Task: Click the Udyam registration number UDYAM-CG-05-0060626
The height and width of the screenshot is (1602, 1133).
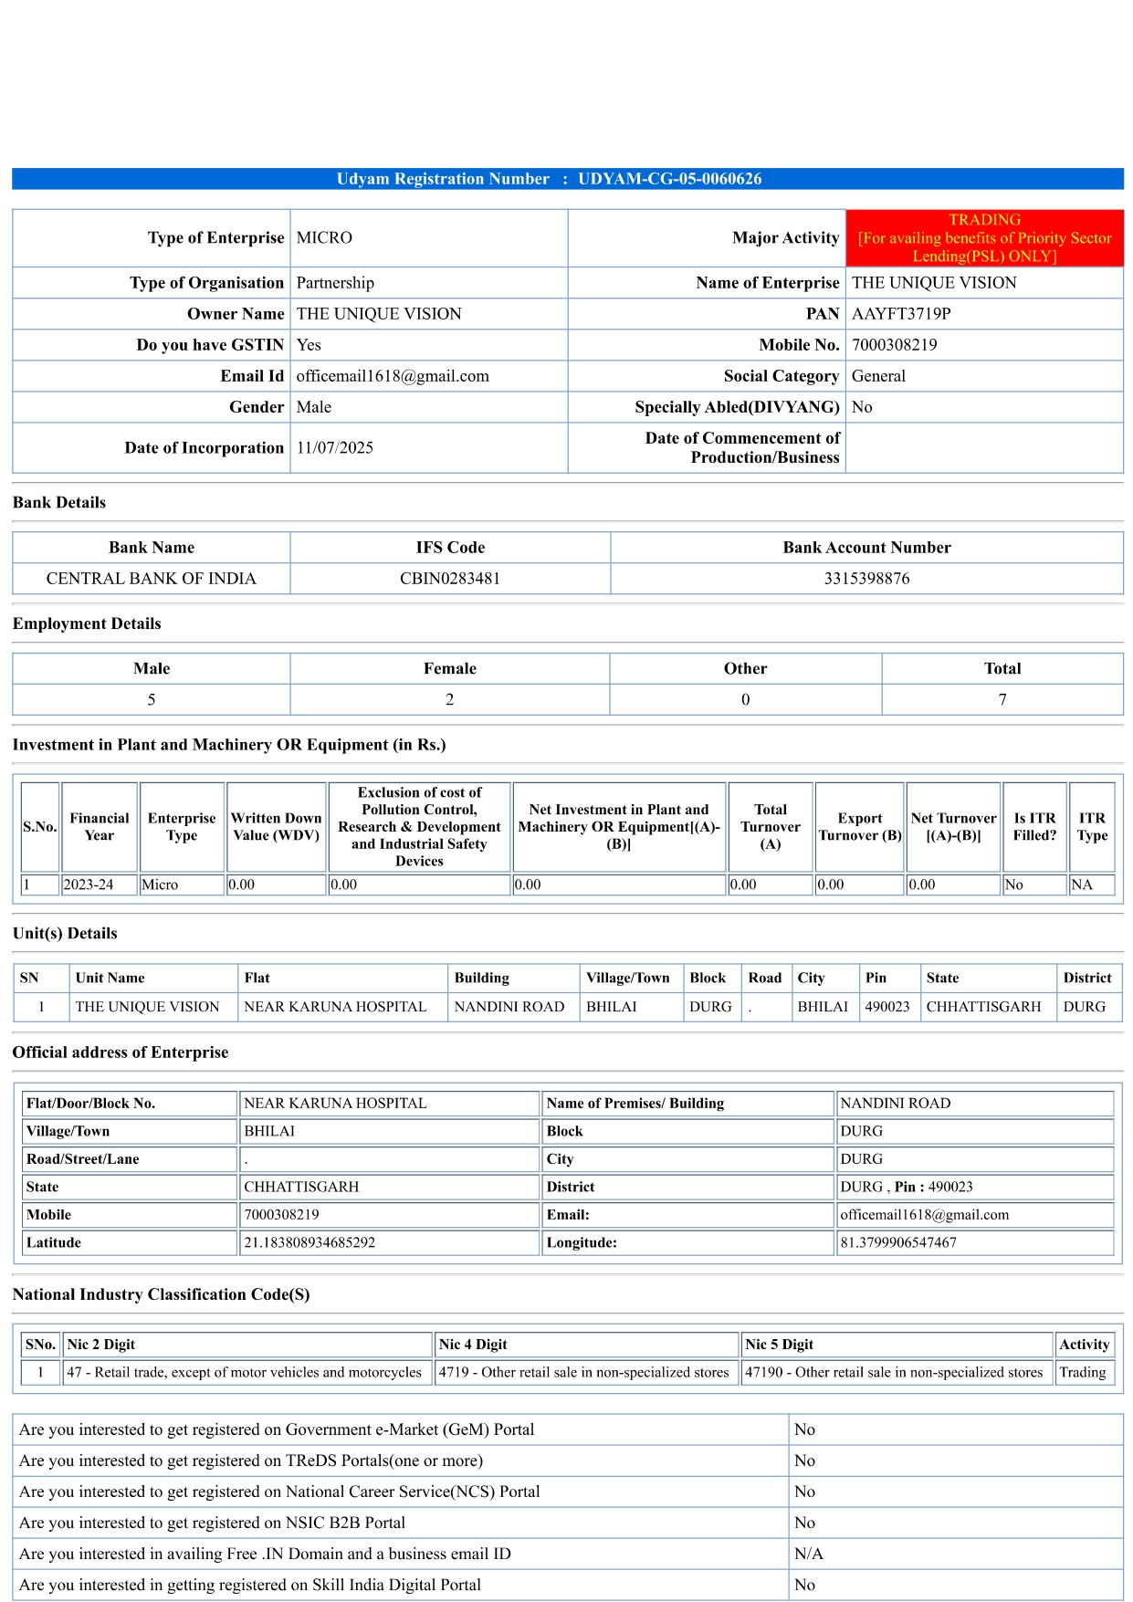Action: [x=669, y=179]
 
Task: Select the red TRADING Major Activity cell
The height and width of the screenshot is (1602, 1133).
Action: [x=984, y=238]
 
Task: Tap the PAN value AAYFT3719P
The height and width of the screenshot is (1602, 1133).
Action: [x=901, y=314]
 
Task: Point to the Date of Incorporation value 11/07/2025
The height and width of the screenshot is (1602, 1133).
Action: [x=335, y=448]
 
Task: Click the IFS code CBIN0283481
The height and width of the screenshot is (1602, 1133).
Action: [x=450, y=579]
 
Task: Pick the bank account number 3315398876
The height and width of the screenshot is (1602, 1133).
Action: [x=866, y=579]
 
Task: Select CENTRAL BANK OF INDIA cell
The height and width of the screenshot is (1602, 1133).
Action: [x=152, y=579]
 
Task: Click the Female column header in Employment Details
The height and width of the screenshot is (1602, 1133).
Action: [x=450, y=669]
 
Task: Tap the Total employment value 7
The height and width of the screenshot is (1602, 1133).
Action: [x=1002, y=700]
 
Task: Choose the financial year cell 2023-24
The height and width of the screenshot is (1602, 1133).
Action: [x=89, y=885]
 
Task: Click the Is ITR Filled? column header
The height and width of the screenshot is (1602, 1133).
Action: [x=1034, y=827]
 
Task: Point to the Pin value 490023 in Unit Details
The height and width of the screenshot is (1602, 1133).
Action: [x=887, y=1007]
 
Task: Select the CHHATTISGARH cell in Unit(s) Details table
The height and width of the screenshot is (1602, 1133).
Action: [x=983, y=1007]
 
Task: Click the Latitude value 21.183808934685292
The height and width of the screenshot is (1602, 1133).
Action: [x=309, y=1243]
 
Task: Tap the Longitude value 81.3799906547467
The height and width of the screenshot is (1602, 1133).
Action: [x=898, y=1243]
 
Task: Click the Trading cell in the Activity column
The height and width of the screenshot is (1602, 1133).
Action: [x=1083, y=1373]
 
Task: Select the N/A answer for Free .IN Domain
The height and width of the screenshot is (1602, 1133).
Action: [x=809, y=1554]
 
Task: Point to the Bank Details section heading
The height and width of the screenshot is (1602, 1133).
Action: [x=59, y=503]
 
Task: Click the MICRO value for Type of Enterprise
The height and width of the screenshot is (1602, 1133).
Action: [x=324, y=238]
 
